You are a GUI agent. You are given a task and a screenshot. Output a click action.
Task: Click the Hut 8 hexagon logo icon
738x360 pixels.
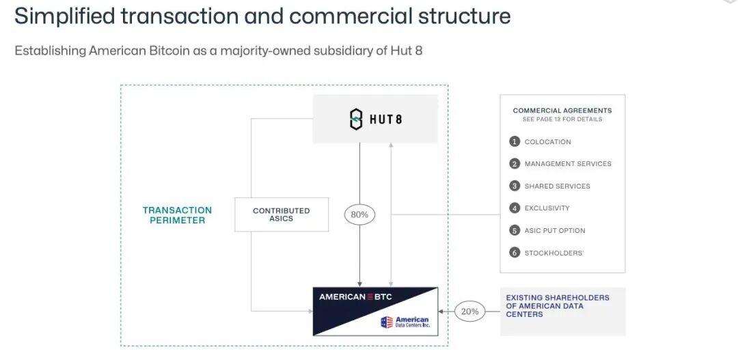point(356,119)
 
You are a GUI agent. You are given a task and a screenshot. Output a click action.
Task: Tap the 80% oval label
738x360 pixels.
point(359,214)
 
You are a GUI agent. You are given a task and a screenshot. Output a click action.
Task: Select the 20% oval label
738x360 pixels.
point(469,311)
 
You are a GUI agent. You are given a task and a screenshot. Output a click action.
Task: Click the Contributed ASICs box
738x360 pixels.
point(281,214)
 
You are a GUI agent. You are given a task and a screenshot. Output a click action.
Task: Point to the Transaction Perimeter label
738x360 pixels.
point(177,215)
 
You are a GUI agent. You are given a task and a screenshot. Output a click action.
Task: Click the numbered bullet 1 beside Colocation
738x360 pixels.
point(515,141)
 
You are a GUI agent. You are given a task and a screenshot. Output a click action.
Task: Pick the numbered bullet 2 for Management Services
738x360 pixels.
point(515,164)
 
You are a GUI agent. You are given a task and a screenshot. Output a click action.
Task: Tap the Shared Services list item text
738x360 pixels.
point(557,186)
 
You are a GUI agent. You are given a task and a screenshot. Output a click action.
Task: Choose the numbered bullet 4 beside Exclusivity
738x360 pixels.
point(515,208)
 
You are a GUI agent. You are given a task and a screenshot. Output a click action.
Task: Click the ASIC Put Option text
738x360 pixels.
point(554,230)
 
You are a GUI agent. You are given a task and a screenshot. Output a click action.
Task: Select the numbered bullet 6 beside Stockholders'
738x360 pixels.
point(515,253)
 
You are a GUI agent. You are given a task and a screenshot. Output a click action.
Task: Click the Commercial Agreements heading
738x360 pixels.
point(562,110)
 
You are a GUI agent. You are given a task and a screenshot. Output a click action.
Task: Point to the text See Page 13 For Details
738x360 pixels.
point(562,120)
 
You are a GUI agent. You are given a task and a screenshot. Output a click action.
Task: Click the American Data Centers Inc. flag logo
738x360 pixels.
point(387,322)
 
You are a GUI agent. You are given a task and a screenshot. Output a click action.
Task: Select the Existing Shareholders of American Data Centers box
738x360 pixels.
point(562,311)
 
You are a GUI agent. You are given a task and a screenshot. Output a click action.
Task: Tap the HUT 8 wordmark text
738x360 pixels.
point(387,120)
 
